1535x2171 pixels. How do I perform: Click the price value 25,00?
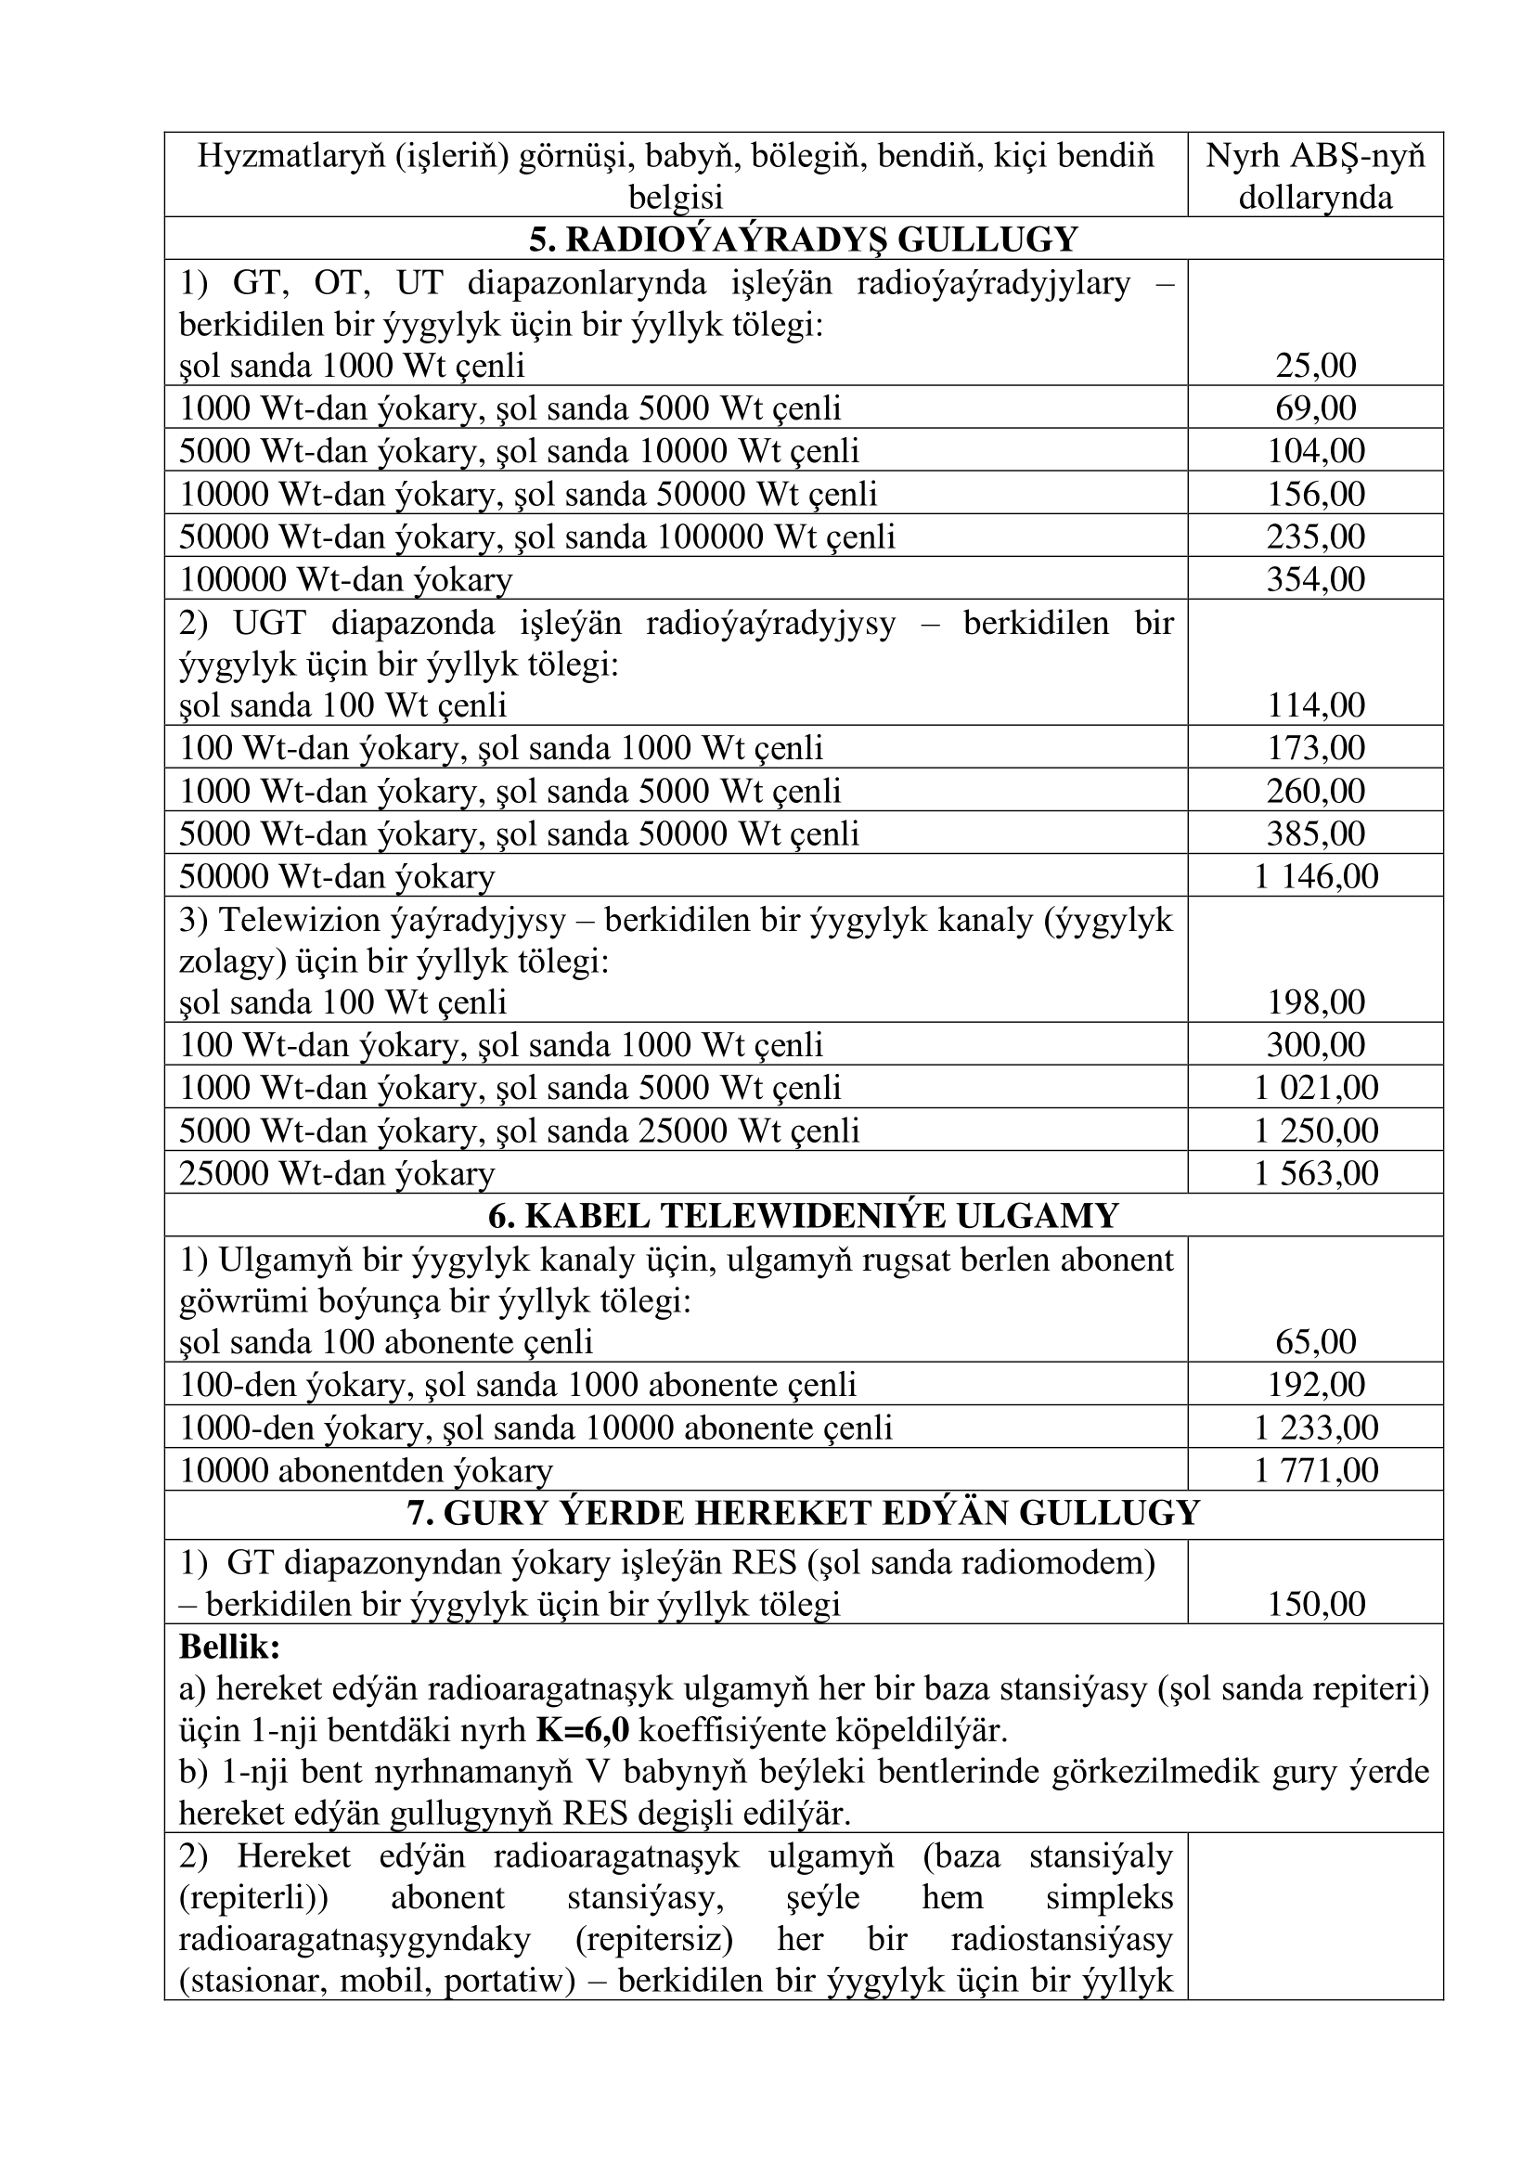coord(1315,366)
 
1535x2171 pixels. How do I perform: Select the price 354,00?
coord(1315,578)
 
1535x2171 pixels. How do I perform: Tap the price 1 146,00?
coord(1315,876)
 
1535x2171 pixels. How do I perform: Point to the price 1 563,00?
coord(1315,1173)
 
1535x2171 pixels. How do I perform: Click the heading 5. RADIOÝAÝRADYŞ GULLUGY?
coord(803,239)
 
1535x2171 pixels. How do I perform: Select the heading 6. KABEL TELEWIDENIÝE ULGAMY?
coord(803,1216)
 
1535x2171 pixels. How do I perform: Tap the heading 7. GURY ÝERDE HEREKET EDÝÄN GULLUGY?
coord(803,1514)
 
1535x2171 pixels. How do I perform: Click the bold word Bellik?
coord(229,1648)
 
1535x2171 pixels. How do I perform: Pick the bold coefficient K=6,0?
coord(582,1730)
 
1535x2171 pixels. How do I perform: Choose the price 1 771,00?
coord(1315,1470)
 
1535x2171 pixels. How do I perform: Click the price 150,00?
coord(1315,1605)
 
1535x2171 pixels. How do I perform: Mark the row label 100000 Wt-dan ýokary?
coord(345,578)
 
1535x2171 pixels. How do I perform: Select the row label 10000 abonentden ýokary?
coord(366,1470)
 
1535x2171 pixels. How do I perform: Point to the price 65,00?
coord(1315,1342)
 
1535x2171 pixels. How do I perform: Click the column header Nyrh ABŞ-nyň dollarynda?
coord(1315,175)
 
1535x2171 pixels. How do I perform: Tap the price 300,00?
coord(1315,1045)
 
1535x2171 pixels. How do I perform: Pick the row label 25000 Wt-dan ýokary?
coord(337,1173)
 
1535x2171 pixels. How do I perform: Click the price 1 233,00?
coord(1315,1427)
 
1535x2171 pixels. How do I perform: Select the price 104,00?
coord(1315,451)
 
